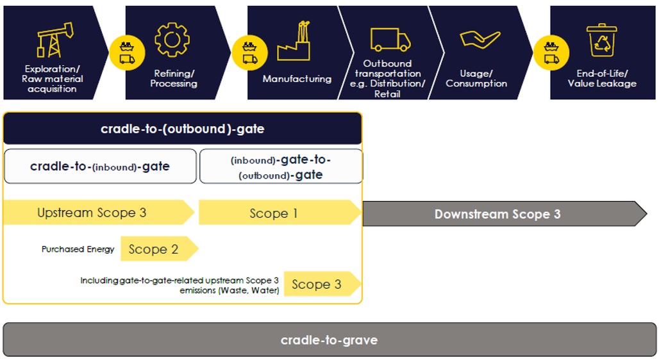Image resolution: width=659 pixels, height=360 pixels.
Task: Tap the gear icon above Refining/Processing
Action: (x=172, y=40)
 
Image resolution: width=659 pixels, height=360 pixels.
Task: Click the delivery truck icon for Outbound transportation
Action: (x=390, y=40)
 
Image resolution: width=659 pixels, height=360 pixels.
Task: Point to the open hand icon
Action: (x=480, y=40)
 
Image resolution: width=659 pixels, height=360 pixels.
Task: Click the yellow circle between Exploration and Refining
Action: (x=127, y=53)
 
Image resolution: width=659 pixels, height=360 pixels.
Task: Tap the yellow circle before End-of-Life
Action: (x=551, y=53)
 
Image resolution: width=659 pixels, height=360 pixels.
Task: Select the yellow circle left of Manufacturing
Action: (x=249, y=53)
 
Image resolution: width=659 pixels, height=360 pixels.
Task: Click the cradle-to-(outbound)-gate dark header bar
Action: (x=183, y=129)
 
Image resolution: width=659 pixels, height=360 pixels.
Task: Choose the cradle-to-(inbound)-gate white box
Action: (x=100, y=167)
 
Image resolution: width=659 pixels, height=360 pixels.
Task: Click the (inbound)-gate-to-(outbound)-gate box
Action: (x=281, y=167)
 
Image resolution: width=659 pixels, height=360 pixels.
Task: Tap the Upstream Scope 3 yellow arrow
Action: (x=99, y=213)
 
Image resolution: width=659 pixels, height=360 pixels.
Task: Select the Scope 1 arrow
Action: (x=279, y=213)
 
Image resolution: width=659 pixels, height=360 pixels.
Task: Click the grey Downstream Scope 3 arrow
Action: (x=505, y=214)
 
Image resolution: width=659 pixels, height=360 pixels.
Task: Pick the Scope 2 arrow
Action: (x=159, y=249)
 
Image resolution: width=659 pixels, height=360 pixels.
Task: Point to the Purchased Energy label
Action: (x=78, y=249)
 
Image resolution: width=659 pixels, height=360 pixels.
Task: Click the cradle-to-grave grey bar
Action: (x=329, y=340)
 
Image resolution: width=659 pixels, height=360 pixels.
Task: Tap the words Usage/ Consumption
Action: (x=476, y=79)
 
